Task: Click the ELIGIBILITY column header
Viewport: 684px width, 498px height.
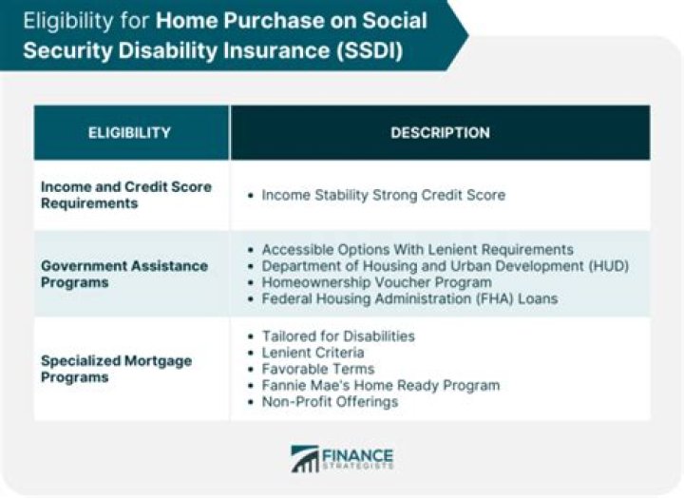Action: pyautogui.click(x=129, y=133)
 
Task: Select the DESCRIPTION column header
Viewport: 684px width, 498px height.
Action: pyautogui.click(x=440, y=133)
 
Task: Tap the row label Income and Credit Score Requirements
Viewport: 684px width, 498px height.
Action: pyautogui.click(x=125, y=195)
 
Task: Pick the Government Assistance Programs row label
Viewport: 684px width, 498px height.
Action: pyautogui.click(x=123, y=274)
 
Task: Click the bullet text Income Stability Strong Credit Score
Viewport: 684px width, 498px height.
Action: pyautogui.click(x=383, y=195)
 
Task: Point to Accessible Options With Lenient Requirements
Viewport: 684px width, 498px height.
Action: pyautogui.click(x=417, y=249)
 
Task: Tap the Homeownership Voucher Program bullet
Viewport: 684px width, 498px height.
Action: pyautogui.click(x=376, y=282)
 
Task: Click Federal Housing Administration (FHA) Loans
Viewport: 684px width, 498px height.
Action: pyautogui.click(x=409, y=298)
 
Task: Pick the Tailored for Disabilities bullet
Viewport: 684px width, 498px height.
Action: pyautogui.click(x=338, y=336)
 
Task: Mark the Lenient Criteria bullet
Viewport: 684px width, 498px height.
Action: pyautogui.click(x=313, y=353)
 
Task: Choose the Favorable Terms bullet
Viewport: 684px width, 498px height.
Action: pyautogui.click(x=318, y=369)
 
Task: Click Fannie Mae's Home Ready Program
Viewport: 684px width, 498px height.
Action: pyautogui.click(x=380, y=385)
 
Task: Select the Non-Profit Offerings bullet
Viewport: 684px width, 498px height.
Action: pyautogui.click(x=330, y=401)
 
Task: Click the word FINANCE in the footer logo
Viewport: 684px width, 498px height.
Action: pyautogui.click(x=357, y=454)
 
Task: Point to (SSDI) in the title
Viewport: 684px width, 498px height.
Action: pyautogui.click(x=374, y=49)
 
